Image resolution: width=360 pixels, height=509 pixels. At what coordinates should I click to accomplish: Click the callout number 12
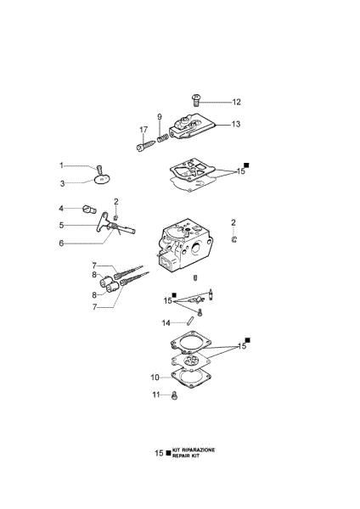236,102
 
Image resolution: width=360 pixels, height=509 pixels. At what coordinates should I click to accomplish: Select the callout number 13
235,124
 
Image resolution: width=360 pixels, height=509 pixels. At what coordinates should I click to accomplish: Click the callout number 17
143,129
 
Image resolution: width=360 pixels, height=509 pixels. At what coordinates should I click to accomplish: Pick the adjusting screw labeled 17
143,146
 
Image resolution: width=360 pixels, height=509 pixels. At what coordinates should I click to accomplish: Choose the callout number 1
61,165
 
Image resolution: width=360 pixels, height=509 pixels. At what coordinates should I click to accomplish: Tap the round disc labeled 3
102,178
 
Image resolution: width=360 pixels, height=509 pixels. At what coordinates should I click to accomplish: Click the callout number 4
61,207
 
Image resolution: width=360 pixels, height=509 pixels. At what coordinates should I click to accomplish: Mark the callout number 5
61,225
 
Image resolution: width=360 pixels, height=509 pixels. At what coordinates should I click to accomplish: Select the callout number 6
61,243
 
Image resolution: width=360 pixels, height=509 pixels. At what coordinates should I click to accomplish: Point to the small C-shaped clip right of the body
234,240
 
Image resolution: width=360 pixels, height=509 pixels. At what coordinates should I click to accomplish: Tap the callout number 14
166,322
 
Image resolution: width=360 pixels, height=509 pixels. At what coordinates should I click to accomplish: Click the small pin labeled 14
189,321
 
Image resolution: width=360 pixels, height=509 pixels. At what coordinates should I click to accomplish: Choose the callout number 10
155,377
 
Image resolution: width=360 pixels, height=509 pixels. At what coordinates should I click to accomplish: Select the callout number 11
155,395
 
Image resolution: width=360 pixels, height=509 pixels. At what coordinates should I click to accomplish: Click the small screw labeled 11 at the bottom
175,395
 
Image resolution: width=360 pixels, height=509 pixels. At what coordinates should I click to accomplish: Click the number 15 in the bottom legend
159,454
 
